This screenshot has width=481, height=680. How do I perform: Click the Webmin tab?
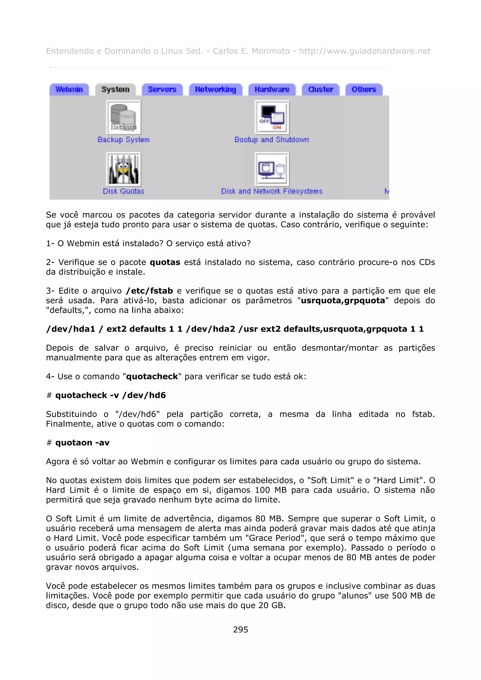(x=69, y=89)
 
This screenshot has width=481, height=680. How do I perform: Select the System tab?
(x=115, y=89)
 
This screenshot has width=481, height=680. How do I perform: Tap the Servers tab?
(x=162, y=89)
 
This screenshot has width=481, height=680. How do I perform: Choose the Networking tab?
(x=215, y=89)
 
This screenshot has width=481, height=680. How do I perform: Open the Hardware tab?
(x=272, y=89)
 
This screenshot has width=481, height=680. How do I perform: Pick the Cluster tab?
(x=321, y=89)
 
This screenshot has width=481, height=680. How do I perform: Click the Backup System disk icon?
(x=124, y=118)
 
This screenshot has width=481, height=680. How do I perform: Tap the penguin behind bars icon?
(x=124, y=169)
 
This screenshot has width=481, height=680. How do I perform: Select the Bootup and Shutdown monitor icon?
(x=272, y=118)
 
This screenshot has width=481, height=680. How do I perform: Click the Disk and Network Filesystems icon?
(x=272, y=169)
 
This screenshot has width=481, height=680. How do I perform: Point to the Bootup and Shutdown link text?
(x=272, y=140)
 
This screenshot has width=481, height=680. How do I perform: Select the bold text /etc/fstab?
(x=149, y=291)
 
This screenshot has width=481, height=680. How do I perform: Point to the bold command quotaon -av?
(x=82, y=443)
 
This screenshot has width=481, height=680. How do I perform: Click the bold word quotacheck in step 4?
(x=152, y=376)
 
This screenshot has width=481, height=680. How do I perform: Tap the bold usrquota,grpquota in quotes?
(x=343, y=301)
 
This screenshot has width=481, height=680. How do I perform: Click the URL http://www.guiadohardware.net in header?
(x=365, y=51)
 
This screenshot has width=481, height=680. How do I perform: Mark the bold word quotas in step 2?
(x=165, y=262)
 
